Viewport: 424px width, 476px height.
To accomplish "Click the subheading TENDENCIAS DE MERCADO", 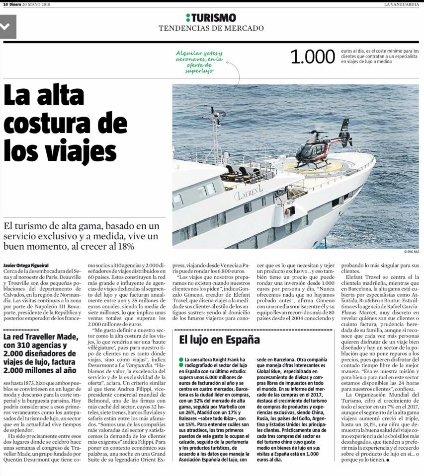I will click(x=211, y=28).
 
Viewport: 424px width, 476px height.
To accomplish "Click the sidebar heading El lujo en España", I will click(x=219, y=340).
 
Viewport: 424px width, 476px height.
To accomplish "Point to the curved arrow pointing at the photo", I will click(x=237, y=74).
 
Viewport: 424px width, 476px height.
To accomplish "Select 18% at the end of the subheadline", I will click(x=125, y=246).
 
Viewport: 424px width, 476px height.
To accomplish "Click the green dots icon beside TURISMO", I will click(x=187, y=17).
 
